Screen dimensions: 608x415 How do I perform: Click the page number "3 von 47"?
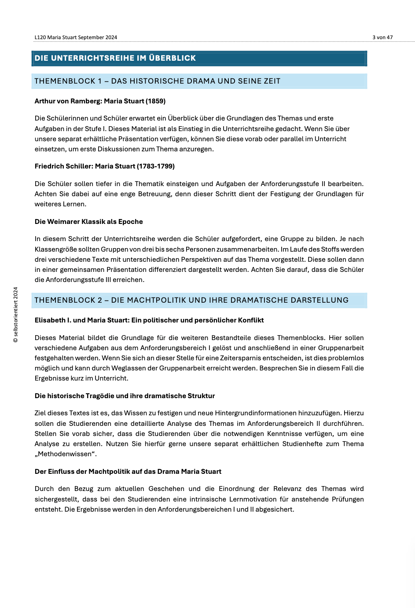[x=382, y=37]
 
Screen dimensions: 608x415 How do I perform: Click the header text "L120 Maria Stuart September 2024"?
[x=76, y=37]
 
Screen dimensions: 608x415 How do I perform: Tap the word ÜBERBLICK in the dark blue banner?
[x=172, y=58]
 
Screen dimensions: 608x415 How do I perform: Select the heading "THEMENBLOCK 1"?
[x=68, y=81]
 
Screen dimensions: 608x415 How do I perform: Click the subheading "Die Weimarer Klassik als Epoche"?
[x=88, y=222]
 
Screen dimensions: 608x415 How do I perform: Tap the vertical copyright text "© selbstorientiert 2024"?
[x=16, y=315]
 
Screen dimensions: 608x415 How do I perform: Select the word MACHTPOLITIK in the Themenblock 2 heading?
[x=160, y=300]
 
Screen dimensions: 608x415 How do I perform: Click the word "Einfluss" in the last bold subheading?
[x=61, y=472]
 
